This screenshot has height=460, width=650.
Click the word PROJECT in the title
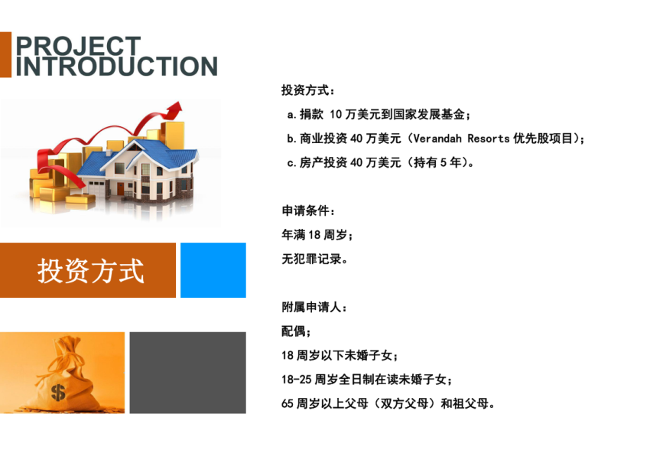pos(78,45)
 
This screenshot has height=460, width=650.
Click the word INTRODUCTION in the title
pos(116,67)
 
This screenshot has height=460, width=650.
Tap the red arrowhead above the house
pos(174,109)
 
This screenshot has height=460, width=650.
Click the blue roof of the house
pos(137,155)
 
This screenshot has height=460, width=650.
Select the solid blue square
pos(213,270)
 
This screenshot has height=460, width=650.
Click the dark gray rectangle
pos(188,373)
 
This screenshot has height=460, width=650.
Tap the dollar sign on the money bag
pos(58,392)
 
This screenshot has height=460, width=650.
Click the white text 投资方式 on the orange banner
pos(91,271)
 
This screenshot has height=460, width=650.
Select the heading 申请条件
pos(308,210)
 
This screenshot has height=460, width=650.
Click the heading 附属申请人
pos(314,308)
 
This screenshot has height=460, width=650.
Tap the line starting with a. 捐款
pos(379,115)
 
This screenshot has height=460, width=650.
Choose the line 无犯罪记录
pos(314,259)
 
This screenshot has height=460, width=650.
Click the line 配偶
pos(296,331)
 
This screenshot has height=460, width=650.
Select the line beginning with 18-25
pos(367,380)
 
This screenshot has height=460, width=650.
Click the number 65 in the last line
pos(288,403)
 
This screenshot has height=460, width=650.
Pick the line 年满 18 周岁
pos(317,235)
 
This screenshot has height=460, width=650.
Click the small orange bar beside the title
pos(5,55)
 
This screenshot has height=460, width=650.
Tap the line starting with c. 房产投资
pos(381,162)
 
